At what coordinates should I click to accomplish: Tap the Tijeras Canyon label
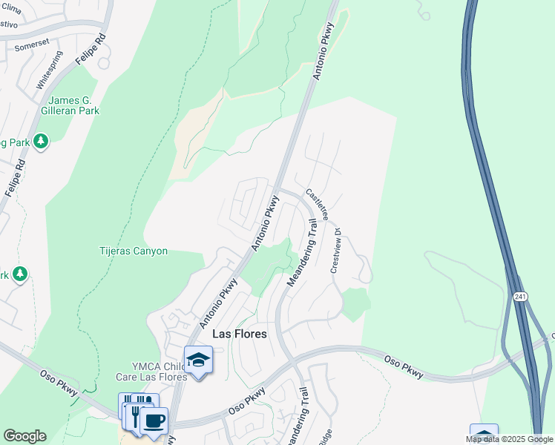click(134, 251)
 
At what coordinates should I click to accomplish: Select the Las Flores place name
click(239, 334)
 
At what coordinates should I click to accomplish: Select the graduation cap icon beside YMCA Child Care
click(198, 360)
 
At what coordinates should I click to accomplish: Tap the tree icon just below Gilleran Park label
click(41, 140)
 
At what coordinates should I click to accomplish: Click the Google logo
click(24, 436)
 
